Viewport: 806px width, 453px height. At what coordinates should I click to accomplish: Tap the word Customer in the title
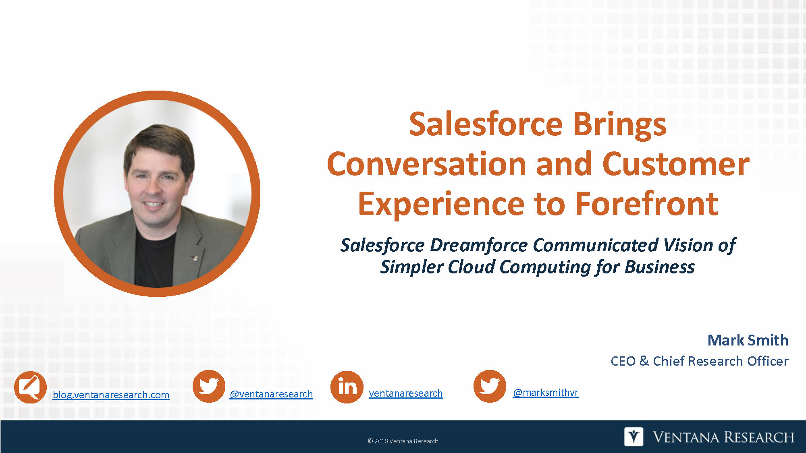(676, 164)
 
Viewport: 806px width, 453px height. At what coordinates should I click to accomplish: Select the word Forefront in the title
(646, 204)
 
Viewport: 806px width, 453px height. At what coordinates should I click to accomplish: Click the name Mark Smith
(748, 340)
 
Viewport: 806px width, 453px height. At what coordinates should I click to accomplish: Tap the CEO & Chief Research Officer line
(700, 361)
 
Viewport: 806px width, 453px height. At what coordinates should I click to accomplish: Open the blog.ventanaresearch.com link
(111, 395)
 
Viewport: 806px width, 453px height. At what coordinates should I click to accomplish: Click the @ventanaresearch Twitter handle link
(271, 394)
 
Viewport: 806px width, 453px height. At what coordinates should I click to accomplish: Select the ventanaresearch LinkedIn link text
(406, 393)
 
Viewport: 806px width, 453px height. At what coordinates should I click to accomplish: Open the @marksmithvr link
(546, 392)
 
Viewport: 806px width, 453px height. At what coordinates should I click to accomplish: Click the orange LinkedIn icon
(347, 387)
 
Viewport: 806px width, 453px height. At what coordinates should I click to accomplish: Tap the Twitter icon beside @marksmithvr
(490, 387)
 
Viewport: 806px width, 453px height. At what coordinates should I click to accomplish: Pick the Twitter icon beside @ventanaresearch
(209, 387)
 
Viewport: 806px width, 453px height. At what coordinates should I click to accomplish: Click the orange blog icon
(30, 387)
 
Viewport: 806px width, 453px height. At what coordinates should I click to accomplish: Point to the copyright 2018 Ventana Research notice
(403, 441)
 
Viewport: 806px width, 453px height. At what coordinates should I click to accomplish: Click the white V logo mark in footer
(634, 436)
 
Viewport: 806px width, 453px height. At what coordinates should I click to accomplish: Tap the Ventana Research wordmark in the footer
(723, 437)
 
